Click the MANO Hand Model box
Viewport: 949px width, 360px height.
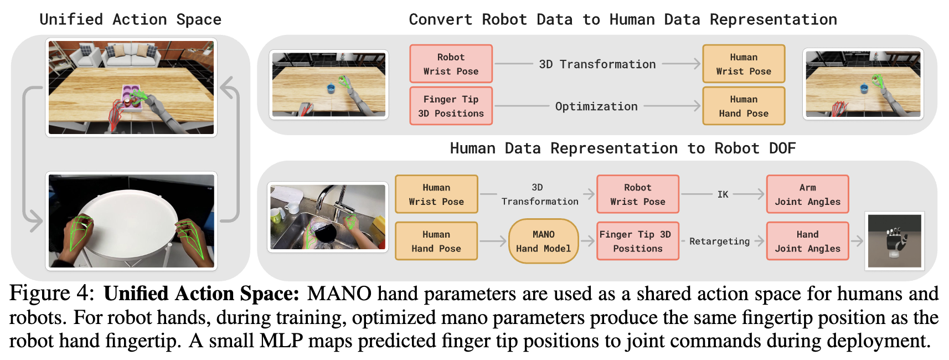click(543, 241)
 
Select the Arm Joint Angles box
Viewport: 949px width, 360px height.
click(807, 194)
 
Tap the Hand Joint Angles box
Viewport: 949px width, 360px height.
click(807, 241)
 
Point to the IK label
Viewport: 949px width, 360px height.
click(723, 194)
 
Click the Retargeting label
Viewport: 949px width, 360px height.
click(719, 241)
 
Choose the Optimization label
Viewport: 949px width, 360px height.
click(596, 106)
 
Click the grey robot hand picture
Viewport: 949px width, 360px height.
click(894, 241)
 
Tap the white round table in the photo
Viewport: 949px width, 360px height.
click(131, 220)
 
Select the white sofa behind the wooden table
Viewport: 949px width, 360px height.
click(131, 55)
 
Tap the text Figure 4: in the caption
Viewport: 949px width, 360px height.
click(51, 294)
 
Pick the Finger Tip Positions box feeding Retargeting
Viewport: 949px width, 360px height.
click(638, 241)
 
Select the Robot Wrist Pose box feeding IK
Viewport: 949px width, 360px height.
click(638, 194)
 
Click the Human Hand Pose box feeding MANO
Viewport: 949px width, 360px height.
click(436, 241)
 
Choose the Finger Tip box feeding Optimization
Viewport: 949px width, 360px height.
click(451, 106)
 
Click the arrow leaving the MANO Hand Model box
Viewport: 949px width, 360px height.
click(587, 241)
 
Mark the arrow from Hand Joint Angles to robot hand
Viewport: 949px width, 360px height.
click(857, 241)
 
